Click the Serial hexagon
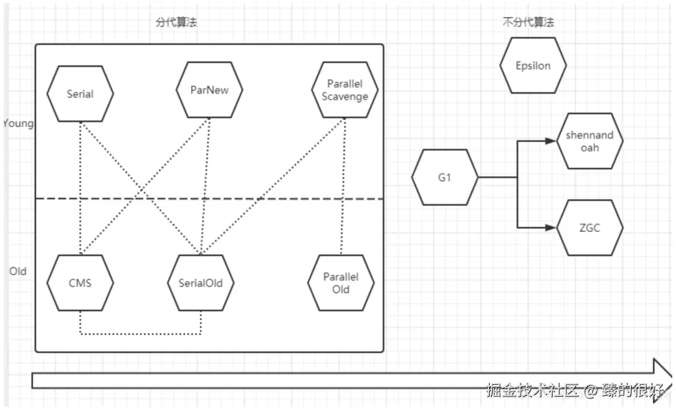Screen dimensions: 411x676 pos(80,94)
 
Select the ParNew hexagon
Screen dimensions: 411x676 pos(209,90)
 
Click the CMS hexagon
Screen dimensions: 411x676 pos(80,283)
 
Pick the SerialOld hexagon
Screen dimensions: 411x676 pos(201,283)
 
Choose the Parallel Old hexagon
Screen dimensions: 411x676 pos(341,283)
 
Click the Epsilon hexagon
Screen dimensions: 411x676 pos(533,65)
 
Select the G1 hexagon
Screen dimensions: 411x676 pos(444,177)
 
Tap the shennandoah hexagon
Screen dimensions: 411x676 pos(589,141)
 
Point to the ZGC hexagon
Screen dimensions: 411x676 pos(589,228)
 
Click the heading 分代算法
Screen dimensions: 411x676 pos(176,22)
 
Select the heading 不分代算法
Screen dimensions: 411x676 pos(528,22)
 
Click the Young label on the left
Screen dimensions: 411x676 pos(17,123)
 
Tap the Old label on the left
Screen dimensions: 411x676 pos(17,272)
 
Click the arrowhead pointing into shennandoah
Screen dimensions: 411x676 pos(550,141)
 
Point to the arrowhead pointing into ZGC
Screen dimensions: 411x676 pos(550,228)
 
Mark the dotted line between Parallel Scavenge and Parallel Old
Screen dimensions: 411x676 pos(341,187)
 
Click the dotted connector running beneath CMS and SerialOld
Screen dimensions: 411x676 pos(140,334)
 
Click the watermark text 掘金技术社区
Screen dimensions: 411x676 pos(533,391)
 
